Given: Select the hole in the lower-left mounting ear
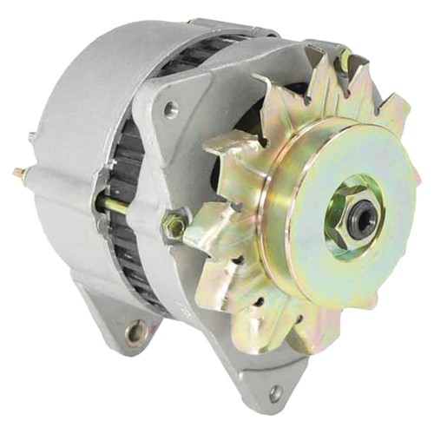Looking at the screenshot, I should [x=135, y=332].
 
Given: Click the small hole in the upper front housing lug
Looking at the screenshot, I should [x=170, y=110].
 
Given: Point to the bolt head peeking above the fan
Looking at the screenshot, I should [x=345, y=60].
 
